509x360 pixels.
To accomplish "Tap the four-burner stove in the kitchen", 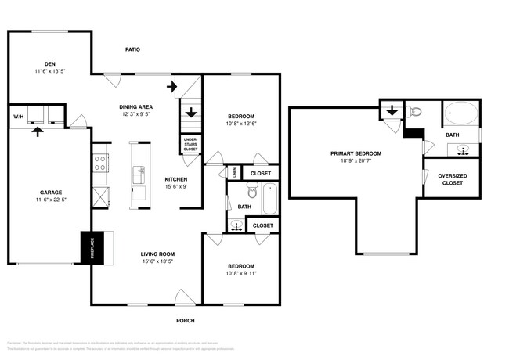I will point(100,163).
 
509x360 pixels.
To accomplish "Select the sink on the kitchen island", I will point(139,172).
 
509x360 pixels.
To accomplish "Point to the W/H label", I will point(18,117).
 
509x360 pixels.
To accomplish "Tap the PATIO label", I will point(133,49).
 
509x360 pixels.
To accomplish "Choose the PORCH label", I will point(185,321).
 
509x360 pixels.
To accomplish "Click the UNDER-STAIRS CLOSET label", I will point(190,144).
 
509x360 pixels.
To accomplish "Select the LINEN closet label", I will point(235,172).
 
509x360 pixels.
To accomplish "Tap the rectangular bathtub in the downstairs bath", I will point(269,198).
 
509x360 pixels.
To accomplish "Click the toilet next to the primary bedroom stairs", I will point(415,111).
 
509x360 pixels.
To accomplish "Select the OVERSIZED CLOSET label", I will point(452,179).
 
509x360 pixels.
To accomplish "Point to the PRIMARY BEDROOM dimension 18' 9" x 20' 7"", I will point(356,161).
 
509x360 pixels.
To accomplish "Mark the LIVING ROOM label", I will point(157,254).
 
